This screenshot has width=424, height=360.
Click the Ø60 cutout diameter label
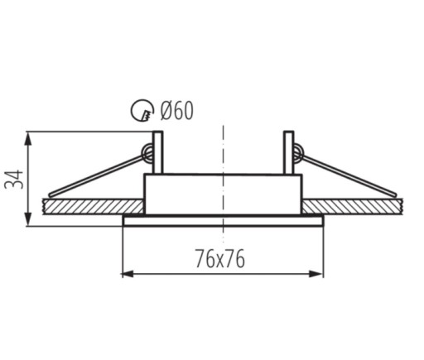point(177,110)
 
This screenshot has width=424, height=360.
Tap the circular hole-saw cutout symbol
point(142,110)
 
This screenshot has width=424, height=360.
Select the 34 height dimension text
point(14,180)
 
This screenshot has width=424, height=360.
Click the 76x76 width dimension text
point(220,258)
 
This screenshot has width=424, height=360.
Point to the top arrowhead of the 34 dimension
point(28,139)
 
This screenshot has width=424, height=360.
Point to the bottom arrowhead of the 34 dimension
point(28,219)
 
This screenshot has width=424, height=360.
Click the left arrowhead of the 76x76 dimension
point(128,274)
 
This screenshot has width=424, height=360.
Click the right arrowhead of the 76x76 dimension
point(316,274)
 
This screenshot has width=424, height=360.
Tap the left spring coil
point(147,153)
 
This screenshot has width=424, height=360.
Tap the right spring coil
point(298,153)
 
